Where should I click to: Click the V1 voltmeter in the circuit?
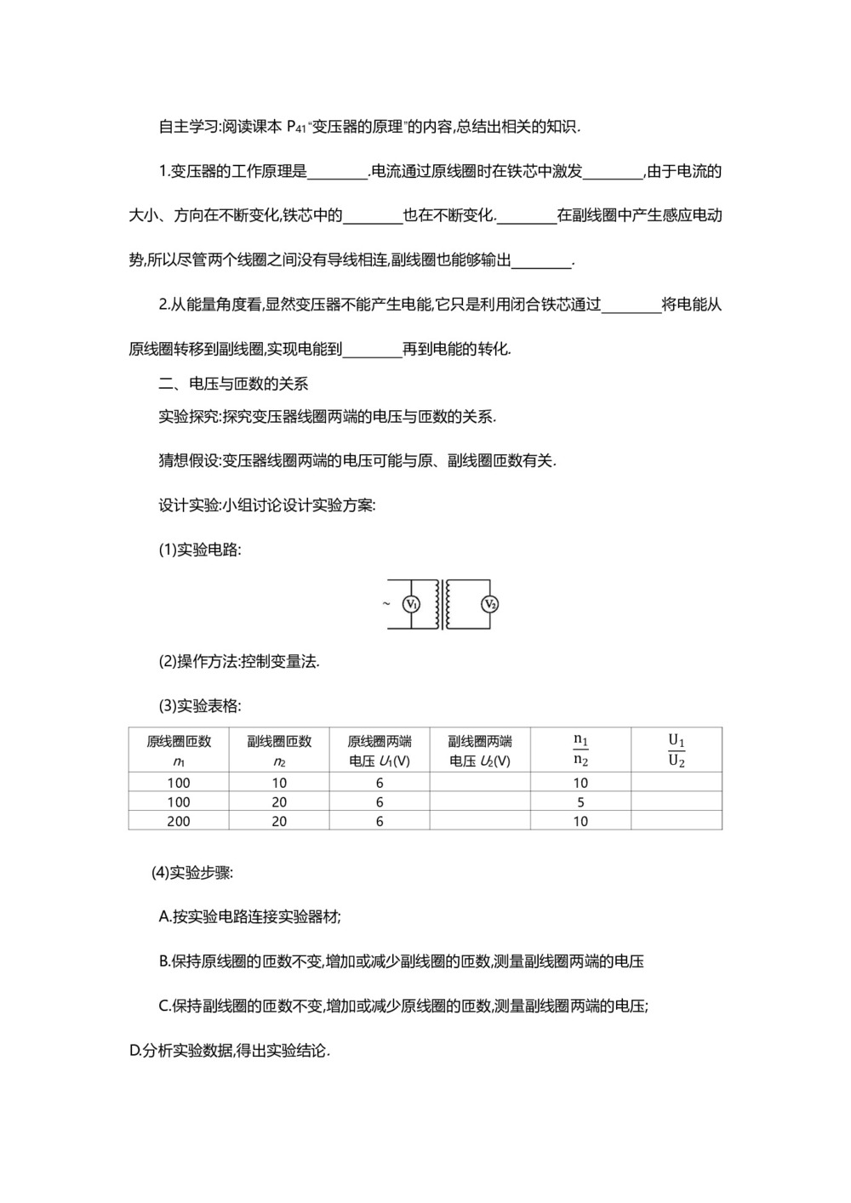coord(412,604)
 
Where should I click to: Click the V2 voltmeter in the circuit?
coord(489,604)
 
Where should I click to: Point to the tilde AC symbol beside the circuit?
coord(386,604)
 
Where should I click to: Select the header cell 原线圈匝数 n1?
coord(179,750)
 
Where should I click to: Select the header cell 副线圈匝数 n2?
coord(279,750)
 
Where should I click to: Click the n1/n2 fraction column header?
coord(580,750)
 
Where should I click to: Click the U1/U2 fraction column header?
coord(677,750)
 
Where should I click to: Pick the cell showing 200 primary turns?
coord(179,821)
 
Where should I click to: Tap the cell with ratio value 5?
coord(580,802)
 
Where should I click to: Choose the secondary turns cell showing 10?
coord(279,783)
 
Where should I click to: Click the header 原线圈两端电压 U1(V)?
coord(380,750)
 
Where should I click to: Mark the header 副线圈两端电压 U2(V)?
coord(480,750)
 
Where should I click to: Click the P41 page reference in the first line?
coord(296,127)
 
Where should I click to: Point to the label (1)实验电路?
coord(200,550)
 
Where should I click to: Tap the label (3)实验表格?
coord(200,705)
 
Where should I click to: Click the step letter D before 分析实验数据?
coord(134,1051)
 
